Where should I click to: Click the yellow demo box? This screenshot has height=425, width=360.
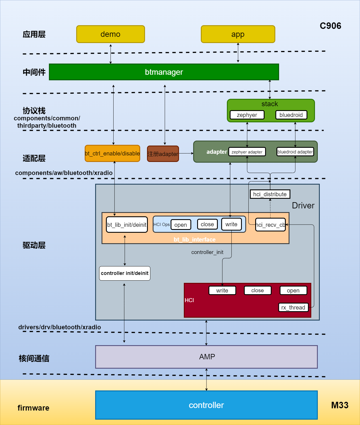[110, 34]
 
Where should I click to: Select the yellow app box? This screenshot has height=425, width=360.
[238, 34]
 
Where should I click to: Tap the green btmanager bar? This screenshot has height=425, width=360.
[164, 72]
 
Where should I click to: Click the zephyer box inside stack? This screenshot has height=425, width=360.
[247, 115]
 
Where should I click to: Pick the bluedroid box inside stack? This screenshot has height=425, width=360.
[291, 115]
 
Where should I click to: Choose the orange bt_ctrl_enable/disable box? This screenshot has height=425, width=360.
[112, 153]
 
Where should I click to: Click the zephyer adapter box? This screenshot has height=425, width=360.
[247, 152]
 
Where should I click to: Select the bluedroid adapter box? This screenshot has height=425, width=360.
[295, 152]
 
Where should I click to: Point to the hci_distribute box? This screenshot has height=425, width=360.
[270, 194]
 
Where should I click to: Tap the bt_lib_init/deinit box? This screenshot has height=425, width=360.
[127, 225]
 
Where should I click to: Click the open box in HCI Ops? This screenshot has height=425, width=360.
[181, 225]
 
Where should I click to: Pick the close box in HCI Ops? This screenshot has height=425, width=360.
[207, 224]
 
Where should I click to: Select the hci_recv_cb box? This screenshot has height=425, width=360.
[270, 225]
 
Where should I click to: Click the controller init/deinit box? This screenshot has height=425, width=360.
[125, 273]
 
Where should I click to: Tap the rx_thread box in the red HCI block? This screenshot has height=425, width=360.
[293, 307]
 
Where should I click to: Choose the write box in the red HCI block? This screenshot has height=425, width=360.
[222, 291]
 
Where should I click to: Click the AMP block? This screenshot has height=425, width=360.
[206, 357]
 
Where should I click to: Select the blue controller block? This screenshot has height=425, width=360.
[206, 405]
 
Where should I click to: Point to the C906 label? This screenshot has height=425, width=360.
[330, 26]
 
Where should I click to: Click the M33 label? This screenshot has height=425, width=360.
[340, 405]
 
